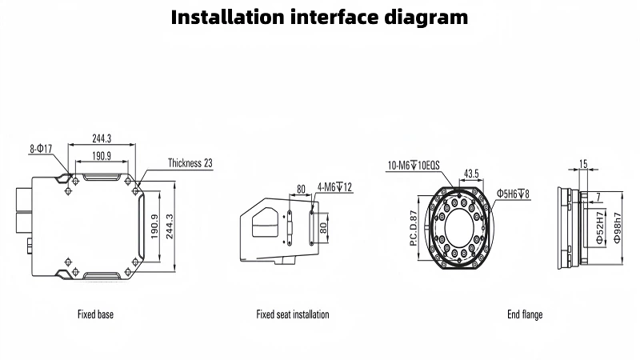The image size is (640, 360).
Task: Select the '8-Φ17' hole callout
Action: (x=41, y=148)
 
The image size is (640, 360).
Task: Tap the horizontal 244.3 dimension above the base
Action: (x=101, y=138)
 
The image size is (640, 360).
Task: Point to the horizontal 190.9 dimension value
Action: (x=101, y=156)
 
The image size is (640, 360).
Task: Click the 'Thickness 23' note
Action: (x=190, y=163)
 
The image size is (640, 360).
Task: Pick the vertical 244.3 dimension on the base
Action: (x=169, y=229)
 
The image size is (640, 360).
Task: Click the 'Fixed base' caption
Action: (x=95, y=314)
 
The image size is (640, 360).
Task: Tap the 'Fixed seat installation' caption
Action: (x=292, y=314)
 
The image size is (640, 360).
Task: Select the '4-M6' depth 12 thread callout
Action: (x=335, y=187)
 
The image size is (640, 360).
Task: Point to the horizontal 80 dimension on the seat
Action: (x=302, y=190)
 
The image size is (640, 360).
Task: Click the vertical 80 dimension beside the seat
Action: (x=324, y=227)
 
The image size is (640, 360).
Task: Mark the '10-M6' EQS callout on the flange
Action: (x=414, y=166)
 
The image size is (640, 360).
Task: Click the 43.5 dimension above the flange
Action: (x=471, y=173)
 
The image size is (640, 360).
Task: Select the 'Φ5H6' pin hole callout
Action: (x=514, y=194)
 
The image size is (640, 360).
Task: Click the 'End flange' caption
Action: (x=525, y=314)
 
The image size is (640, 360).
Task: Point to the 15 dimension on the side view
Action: (x=583, y=164)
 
